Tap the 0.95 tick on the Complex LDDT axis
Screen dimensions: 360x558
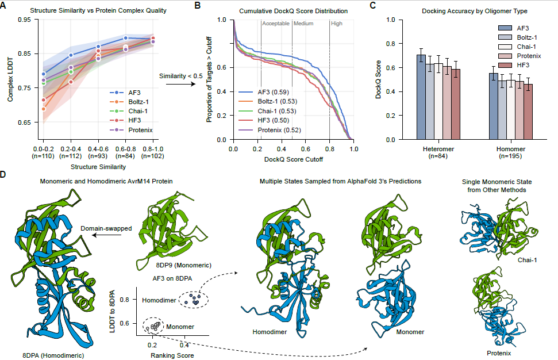[x=24, y=20]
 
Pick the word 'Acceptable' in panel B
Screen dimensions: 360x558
[x=276, y=24]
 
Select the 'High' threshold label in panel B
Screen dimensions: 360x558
[x=337, y=24]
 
